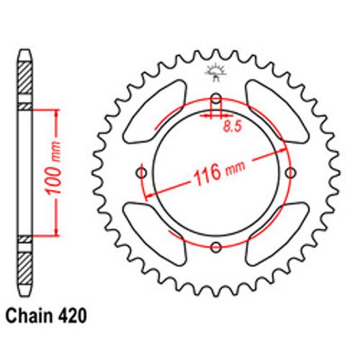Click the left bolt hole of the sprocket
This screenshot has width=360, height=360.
140,174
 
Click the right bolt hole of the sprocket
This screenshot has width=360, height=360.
292,174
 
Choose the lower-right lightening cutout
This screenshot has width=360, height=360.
276,234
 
